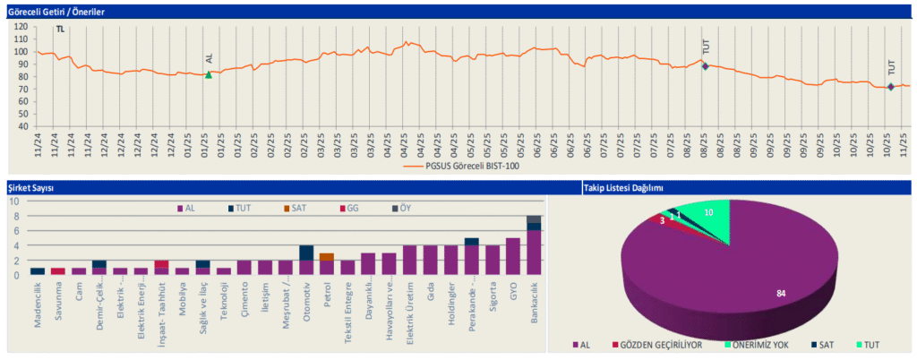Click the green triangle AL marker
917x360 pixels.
[x=209, y=74]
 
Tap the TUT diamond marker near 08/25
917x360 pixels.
[x=705, y=66]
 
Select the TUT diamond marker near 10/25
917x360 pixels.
[x=890, y=87]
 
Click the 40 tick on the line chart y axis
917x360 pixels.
[x=21, y=125]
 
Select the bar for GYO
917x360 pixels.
[x=512, y=256]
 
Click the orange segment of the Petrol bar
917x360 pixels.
[x=327, y=257]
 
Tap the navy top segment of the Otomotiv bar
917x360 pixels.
[x=306, y=253]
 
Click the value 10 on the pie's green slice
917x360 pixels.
[x=709, y=212]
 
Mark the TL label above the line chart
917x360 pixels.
[x=60, y=30]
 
